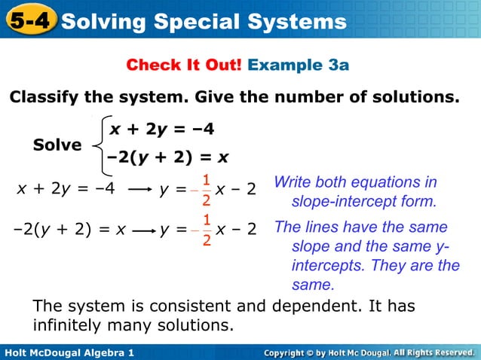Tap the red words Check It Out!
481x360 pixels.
pyautogui.click(x=184, y=65)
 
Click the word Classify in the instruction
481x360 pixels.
pyautogui.click(x=47, y=98)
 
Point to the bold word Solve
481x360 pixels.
pyautogui.click(x=57, y=145)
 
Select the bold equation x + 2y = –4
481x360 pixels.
pyautogui.click(x=162, y=130)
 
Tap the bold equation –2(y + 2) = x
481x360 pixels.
pyautogui.click(x=167, y=158)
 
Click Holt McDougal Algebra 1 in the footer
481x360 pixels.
pyautogui.click(x=69, y=352)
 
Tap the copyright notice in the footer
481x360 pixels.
pyautogui.click(x=369, y=352)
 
